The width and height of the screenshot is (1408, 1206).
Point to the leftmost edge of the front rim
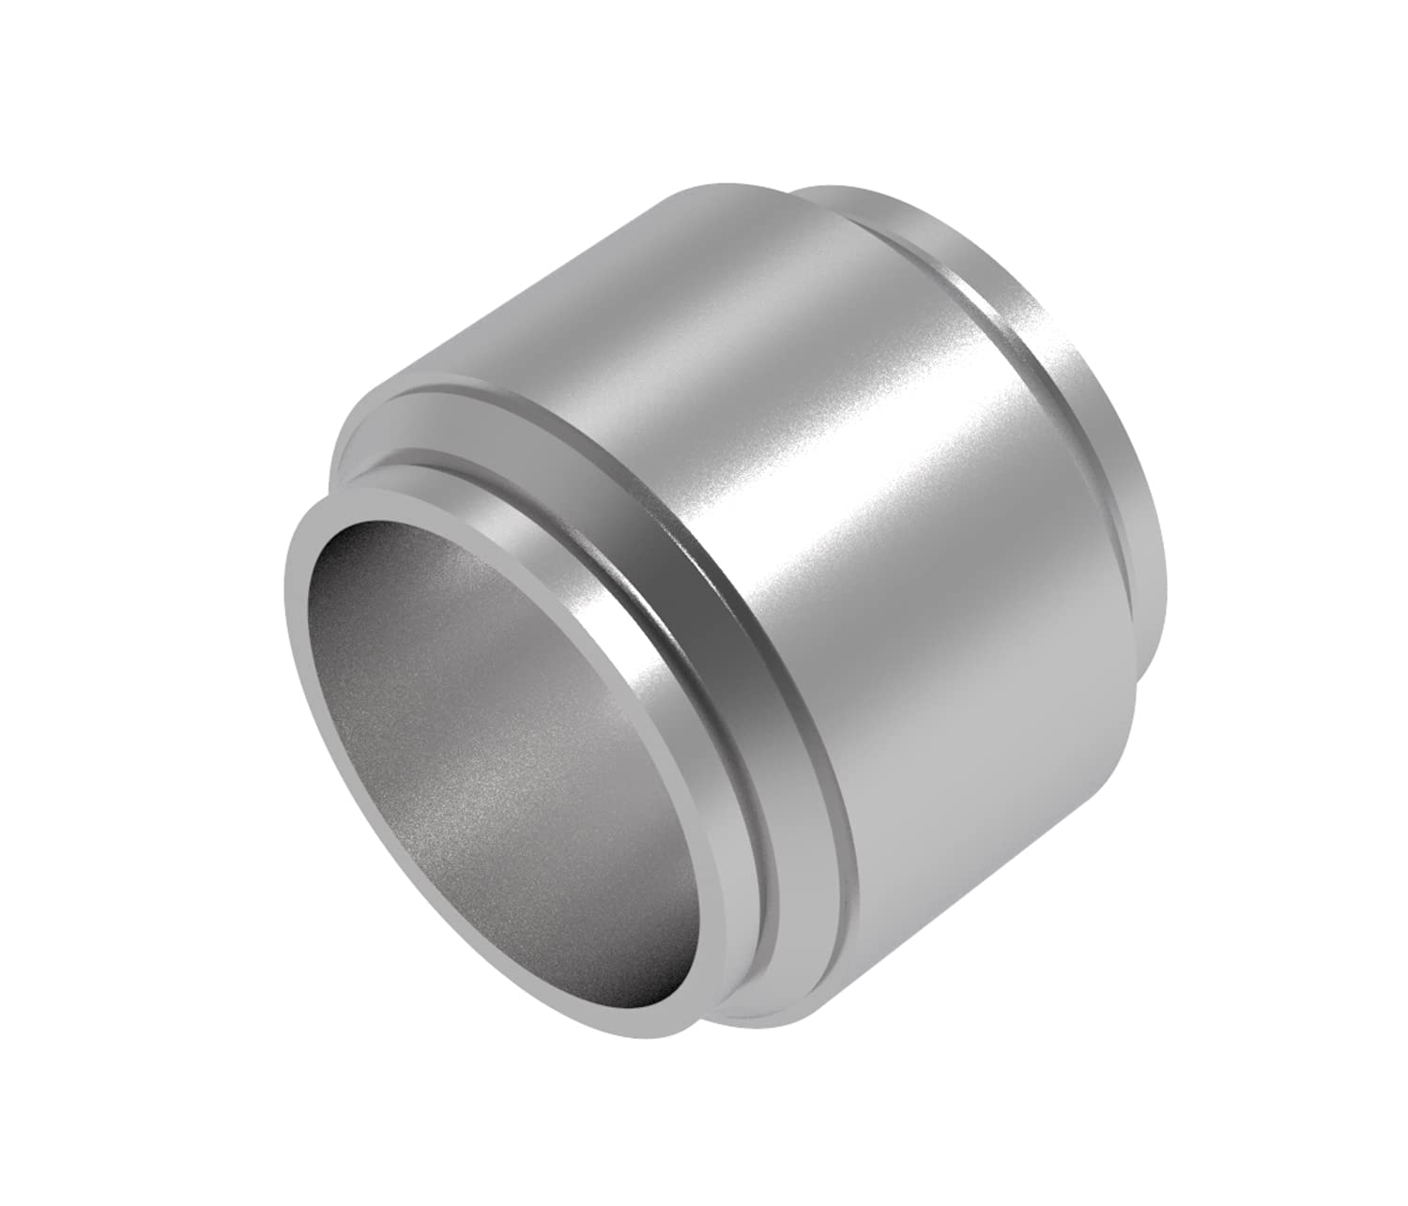pyautogui.click(x=285, y=601)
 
